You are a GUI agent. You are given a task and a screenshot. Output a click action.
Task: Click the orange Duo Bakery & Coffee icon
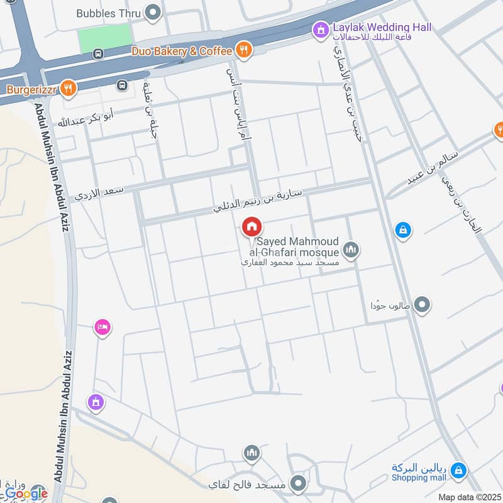coord(245,50)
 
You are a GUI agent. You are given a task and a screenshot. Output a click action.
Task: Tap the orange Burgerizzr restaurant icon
coord(70,89)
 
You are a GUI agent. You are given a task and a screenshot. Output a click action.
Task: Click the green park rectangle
coord(106,40)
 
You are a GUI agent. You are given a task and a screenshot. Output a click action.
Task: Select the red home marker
coord(252,227)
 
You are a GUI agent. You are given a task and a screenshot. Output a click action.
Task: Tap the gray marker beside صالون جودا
coord(423,305)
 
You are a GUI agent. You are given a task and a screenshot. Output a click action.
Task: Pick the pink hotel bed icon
coord(102,327)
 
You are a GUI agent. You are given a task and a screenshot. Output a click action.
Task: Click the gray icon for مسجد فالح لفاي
coord(299,484)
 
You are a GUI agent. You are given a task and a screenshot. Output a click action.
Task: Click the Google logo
coord(26,493)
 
